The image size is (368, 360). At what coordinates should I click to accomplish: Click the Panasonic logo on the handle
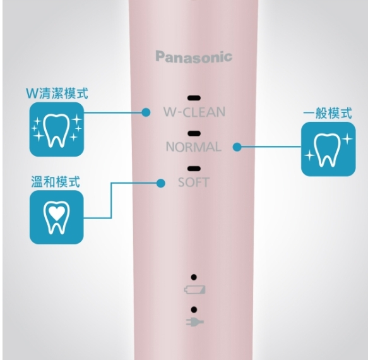click(x=194, y=57)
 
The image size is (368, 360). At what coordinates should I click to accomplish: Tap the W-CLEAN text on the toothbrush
click(x=194, y=112)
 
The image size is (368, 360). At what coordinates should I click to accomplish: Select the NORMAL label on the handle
click(x=194, y=147)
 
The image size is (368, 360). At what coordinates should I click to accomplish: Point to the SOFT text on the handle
click(x=194, y=183)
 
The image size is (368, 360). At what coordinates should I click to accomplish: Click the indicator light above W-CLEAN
click(x=194, y=98)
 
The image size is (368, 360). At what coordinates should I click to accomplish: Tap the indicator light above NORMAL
click(x=194, y=133)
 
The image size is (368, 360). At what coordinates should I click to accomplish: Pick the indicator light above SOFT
click(x=194, y=169)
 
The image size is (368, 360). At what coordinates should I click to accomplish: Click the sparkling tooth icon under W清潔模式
click(x=57, y=129)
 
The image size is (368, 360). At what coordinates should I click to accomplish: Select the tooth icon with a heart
click(x=57, y=217)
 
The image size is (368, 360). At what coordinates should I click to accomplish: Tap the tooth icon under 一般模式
click(x=328, y=149)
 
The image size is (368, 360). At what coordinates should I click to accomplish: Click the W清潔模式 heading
click(x=57, y=93)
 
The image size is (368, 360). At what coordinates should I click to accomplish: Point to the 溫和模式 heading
click(x=56, y=182)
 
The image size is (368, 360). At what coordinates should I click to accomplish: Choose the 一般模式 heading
click(x=328, y=113)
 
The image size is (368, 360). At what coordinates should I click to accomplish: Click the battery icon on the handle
click(x=194, y=289)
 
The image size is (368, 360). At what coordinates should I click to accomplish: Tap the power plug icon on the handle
click(x=195, y=322)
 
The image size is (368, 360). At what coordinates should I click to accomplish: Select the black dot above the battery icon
click(x=194, y=277)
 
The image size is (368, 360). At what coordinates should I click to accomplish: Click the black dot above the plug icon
click(x=194, y=309)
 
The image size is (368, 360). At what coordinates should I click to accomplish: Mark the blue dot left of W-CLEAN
click(x=146, y=112)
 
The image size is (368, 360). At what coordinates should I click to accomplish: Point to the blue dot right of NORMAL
click(x=237, y=147)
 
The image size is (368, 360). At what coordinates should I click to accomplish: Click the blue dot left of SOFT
click(x=160, y=183)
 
